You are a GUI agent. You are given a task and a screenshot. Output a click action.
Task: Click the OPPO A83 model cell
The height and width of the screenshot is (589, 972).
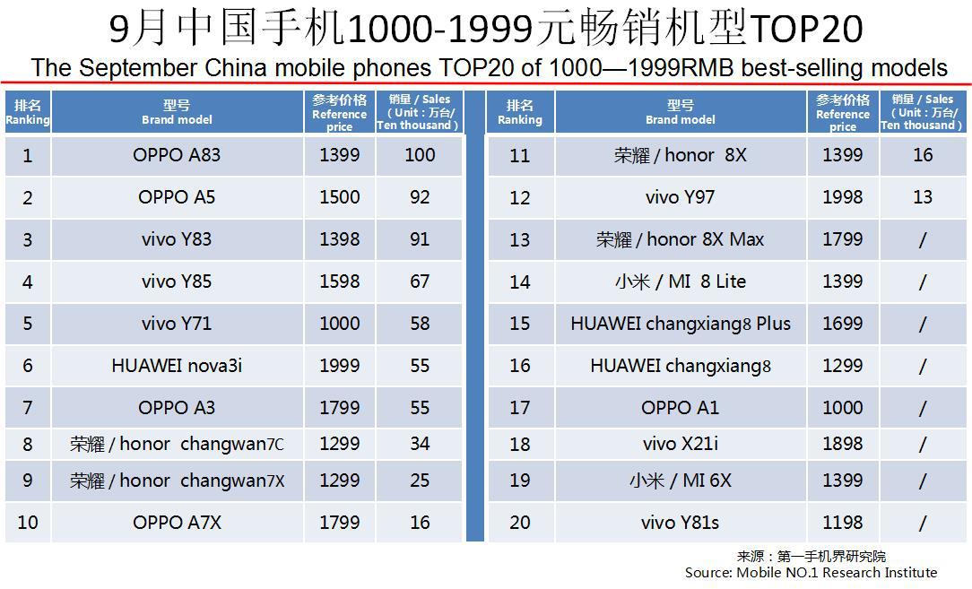(x=177, y=155)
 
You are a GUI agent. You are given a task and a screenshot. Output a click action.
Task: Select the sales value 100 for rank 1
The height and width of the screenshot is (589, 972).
(x=420, y=155)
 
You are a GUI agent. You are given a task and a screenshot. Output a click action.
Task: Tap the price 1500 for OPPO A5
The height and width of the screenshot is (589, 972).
(x=339, y=197)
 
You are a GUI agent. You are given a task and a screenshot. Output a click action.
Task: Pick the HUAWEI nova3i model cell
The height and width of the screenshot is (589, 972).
(x=177, y=366)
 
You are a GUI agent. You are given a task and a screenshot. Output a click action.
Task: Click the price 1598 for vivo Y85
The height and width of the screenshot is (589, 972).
(x=339, y=282)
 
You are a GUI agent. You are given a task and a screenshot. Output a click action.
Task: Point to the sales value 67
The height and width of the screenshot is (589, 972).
(x=420, y=282)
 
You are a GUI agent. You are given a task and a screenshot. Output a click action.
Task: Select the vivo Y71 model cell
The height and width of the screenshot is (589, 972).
(x=177, y=324)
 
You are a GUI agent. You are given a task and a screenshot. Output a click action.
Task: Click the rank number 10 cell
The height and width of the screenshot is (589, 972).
(x=28, y=523)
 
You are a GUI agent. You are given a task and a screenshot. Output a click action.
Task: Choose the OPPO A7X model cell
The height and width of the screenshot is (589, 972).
(x=177, y=523)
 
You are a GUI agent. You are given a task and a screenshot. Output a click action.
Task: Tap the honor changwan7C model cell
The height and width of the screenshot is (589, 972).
(x=177, y=444)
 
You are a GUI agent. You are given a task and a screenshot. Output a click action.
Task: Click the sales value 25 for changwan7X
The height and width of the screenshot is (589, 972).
(x=420, y=481)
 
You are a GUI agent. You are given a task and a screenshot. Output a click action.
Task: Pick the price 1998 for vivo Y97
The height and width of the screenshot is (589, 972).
(x=842, y=197)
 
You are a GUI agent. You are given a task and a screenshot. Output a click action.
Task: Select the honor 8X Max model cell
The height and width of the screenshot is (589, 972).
(x=680, y=239)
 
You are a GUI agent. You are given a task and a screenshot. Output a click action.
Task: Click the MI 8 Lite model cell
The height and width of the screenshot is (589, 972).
(x=680, y=282)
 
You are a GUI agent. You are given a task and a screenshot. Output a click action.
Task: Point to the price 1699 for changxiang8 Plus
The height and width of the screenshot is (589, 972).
(x=842, y=324)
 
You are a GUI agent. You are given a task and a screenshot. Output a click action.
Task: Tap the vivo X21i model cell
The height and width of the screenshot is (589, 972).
(x=680, y=444)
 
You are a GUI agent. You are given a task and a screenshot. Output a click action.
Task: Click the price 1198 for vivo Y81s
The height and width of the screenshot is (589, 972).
(x=842, y=523)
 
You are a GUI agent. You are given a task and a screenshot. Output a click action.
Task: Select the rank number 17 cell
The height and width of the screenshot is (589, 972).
(x=520, y=408)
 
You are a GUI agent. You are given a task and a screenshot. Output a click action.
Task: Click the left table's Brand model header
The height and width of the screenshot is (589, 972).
(x=177, y=113)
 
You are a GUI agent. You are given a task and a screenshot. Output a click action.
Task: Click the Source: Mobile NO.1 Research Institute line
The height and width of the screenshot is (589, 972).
(x=811, y=572)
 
